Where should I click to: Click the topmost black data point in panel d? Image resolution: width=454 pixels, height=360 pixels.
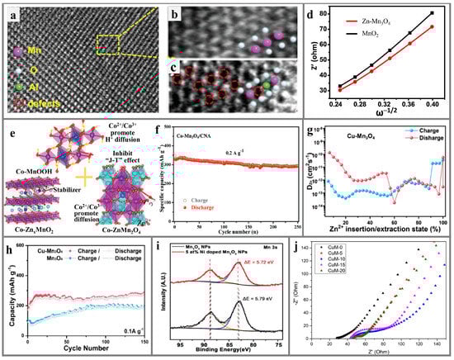tap(432, 13)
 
